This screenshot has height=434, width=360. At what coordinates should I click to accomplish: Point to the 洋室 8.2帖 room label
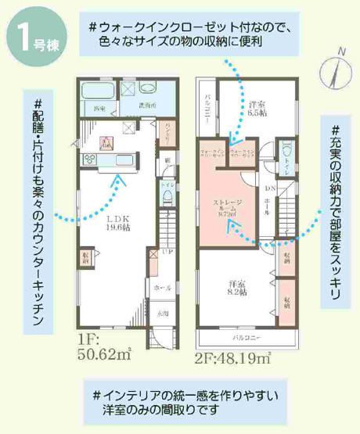237,286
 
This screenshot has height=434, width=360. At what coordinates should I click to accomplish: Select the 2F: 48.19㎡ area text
231,360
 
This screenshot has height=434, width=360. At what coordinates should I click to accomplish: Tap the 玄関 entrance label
164,313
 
